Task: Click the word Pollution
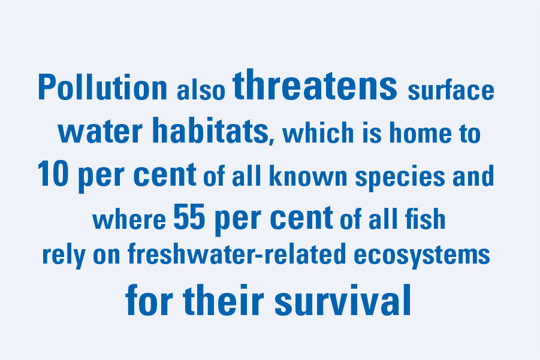102,87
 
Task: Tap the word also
201,90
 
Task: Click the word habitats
210,130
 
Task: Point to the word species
400,177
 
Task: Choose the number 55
189,217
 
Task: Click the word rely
64,255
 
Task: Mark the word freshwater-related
237,253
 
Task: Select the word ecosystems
422,255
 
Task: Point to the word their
224,300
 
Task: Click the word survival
343,300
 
